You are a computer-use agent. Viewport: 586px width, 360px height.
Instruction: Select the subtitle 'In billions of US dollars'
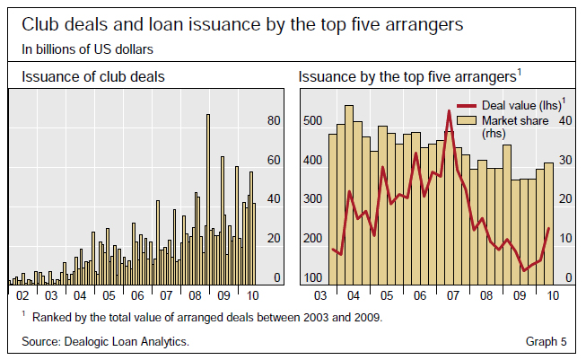tap(87, 48)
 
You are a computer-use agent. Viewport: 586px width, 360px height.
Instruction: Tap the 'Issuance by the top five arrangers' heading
tap(410, 77)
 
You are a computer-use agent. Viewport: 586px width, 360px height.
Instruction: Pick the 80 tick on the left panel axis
tap(275, 120)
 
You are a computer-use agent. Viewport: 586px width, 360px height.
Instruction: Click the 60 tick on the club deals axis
tap(275, 160)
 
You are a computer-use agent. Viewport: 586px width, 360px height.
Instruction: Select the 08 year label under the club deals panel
tap(194, 294)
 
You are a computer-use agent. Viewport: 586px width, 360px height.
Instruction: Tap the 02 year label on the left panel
tap(23, 294)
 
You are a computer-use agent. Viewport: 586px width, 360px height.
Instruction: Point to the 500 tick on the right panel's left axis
tap(312, 120)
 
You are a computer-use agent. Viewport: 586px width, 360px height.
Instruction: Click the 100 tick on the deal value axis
tap(312, 277)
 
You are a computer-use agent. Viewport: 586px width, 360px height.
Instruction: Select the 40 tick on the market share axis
tap(566, 120)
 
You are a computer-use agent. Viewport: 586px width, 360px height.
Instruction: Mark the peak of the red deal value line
tap(449, 110)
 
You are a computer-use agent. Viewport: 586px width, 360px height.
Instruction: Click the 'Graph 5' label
tap(546, 342)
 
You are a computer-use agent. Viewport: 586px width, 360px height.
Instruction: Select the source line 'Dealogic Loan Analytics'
tap(105, 342)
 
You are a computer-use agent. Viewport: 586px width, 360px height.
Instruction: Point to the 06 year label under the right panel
tap(417, 294)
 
